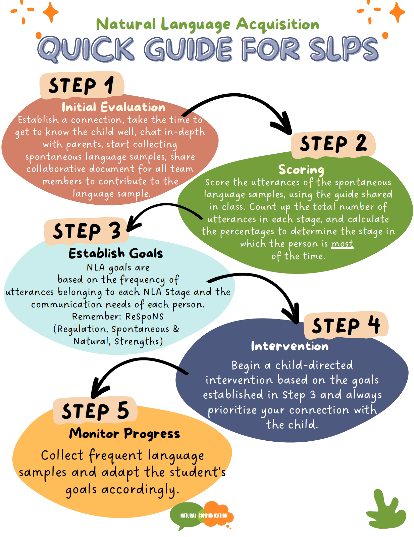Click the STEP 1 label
point(82,85)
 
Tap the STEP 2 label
point(333,144)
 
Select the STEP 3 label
point(87,231)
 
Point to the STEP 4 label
point(346,325)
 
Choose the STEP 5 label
point(95,411)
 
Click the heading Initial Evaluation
point(114,107)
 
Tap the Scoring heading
point(301,170)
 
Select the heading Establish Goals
point(116,253)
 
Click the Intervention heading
point(290,346)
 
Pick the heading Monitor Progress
point(124,434)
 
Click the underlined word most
point(342,244)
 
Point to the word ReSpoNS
point(144,316)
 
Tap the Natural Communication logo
point(202,515)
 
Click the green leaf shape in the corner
point(386,508)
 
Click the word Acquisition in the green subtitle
point(277,25)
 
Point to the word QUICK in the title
point(87,50)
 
